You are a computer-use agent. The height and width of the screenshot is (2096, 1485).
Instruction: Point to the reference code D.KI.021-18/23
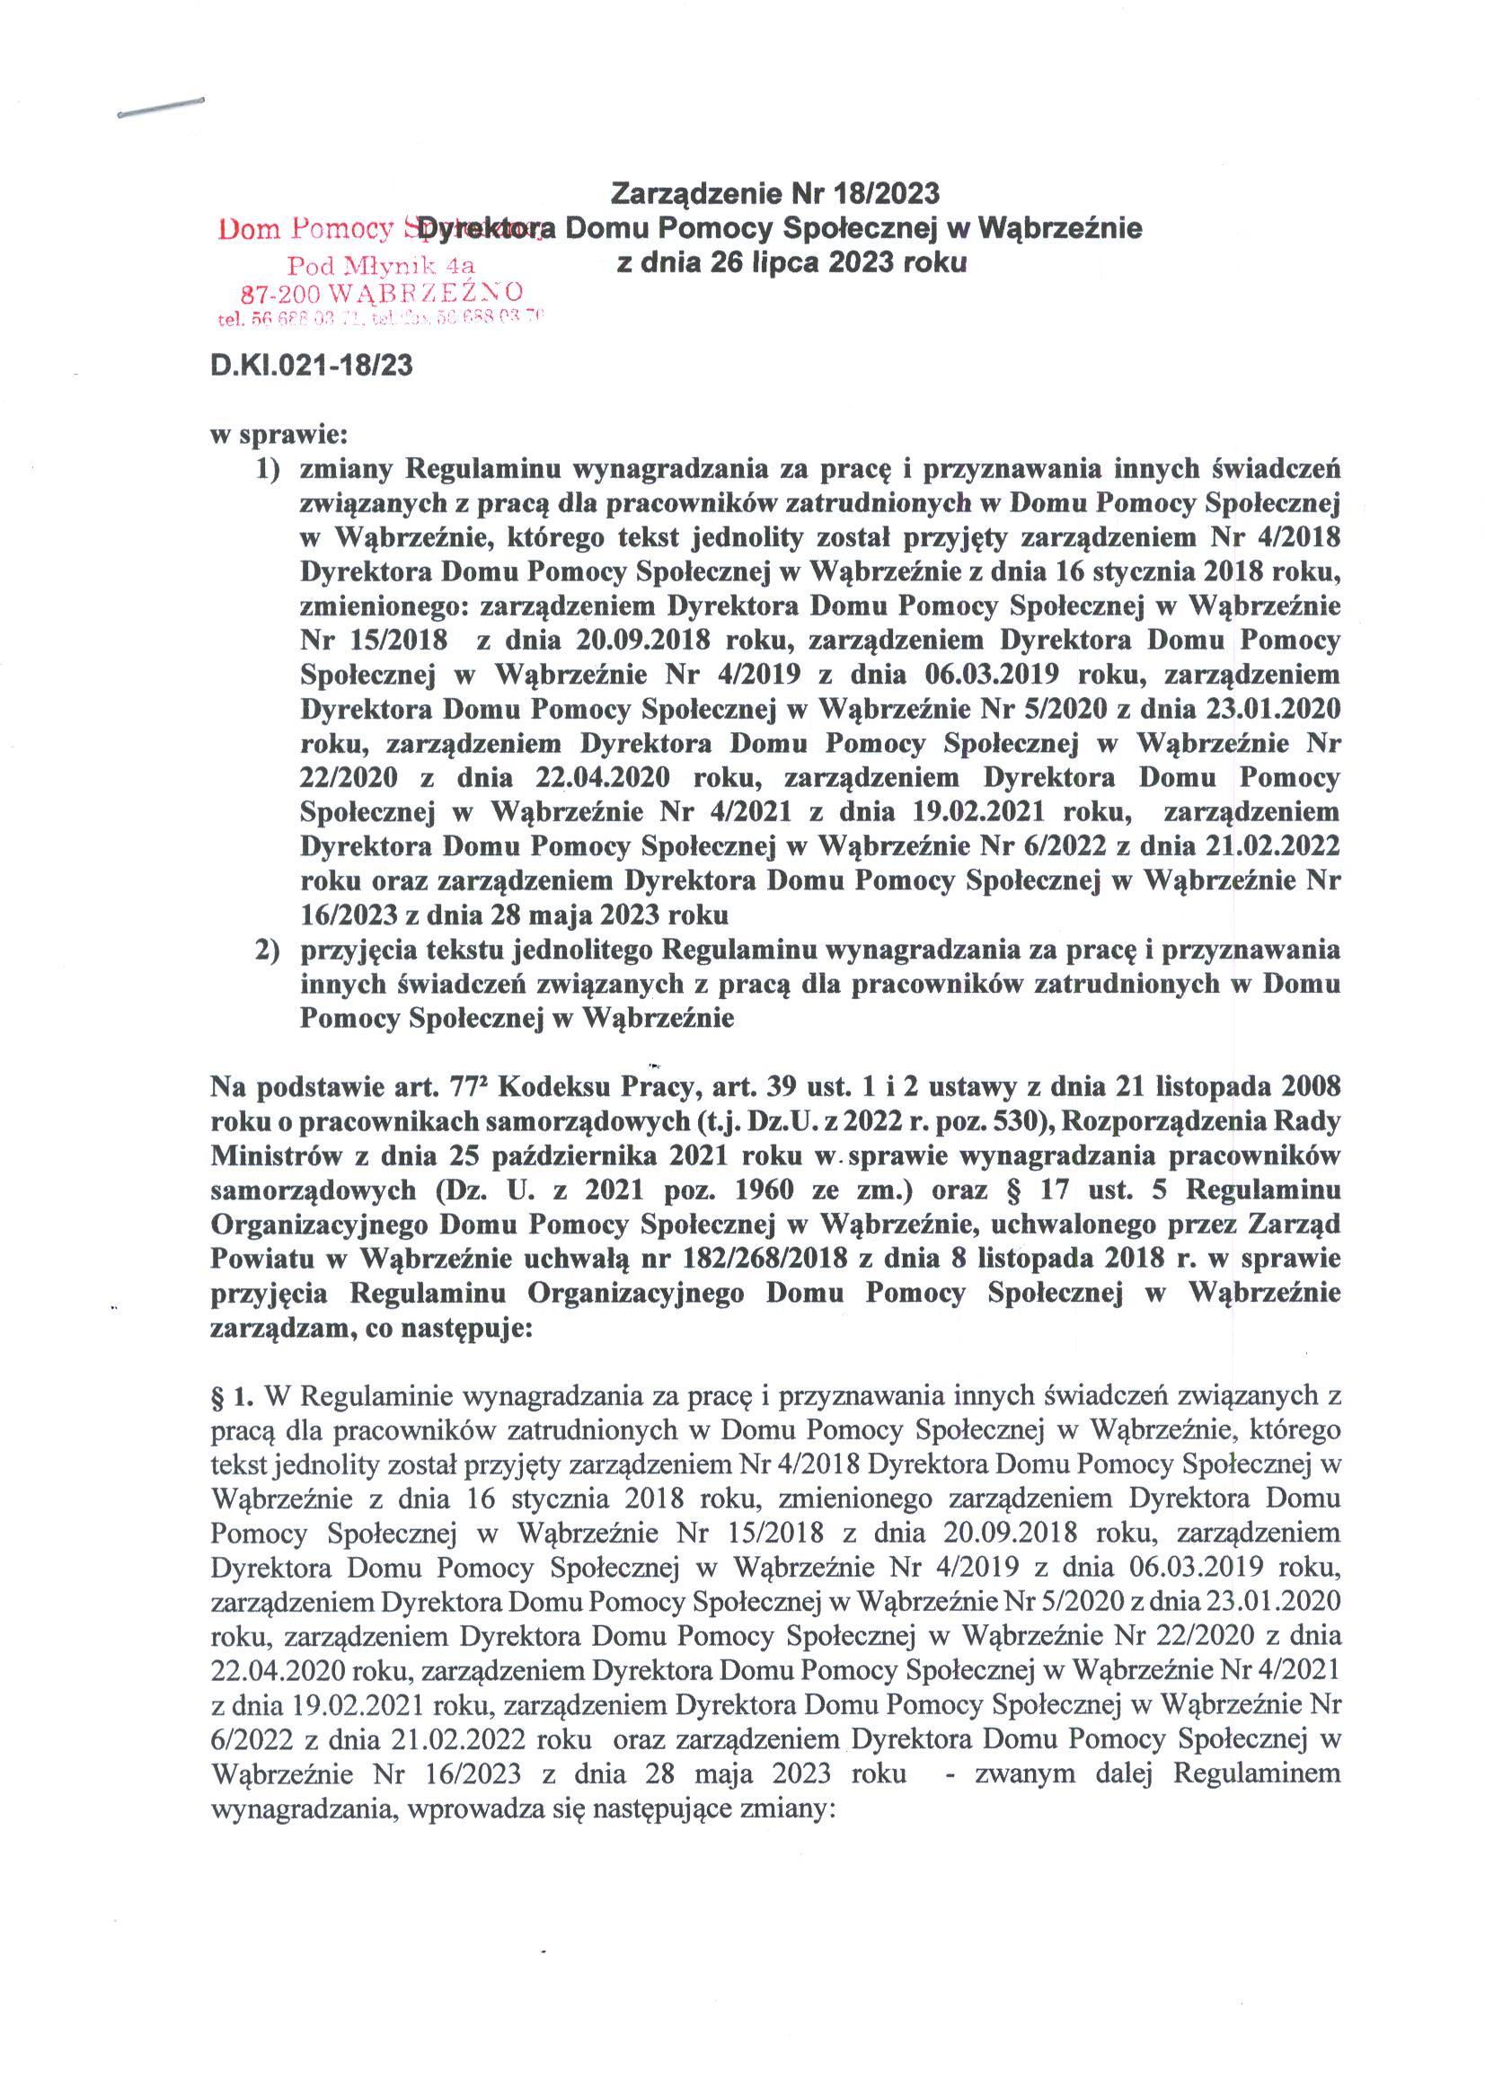pos(311,366)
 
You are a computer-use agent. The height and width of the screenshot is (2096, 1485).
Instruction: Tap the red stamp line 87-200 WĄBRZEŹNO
pos(381,293)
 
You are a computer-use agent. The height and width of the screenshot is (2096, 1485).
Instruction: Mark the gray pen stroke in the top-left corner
pos(160,107)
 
